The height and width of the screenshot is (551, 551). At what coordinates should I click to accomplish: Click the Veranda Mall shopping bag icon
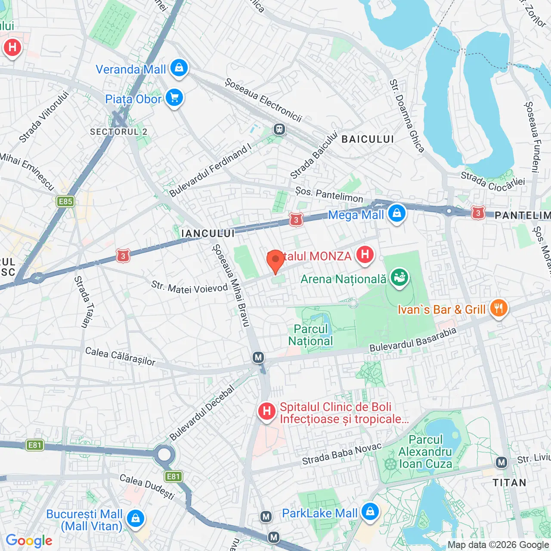[179, 68]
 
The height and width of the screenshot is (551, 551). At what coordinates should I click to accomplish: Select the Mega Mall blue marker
[396, 213]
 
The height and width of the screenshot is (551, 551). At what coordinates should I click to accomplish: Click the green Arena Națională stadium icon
[399, 278]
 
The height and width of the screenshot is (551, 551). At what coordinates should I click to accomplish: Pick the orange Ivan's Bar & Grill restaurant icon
[498, 308]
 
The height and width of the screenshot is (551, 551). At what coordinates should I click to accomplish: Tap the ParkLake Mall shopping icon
[370, 512]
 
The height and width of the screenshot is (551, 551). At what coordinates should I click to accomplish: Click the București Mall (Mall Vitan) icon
[136, 518]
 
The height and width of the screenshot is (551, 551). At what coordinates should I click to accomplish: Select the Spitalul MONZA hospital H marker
[365, 254]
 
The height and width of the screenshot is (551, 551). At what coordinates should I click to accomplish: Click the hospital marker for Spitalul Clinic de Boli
[267, 411]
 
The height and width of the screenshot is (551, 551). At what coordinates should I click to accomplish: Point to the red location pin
[275, 261]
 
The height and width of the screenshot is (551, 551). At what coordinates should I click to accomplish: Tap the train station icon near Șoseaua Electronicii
[279, 129]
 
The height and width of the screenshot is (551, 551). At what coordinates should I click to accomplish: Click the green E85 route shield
[65, 201]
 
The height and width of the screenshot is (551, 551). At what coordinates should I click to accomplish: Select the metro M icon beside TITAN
[501, 463]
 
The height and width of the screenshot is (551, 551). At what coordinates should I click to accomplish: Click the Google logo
[29, 541]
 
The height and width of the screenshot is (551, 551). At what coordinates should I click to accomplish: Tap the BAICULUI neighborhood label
[368, 139]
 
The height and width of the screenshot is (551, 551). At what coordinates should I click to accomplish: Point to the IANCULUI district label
[208, 233]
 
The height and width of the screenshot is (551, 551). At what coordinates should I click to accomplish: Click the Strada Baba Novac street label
[342, 454]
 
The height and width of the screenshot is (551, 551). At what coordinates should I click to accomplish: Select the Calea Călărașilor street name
[120, 356]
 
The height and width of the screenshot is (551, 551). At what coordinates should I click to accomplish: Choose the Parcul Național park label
[310, 335]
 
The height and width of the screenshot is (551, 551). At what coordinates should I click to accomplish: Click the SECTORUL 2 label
[119, 132]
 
